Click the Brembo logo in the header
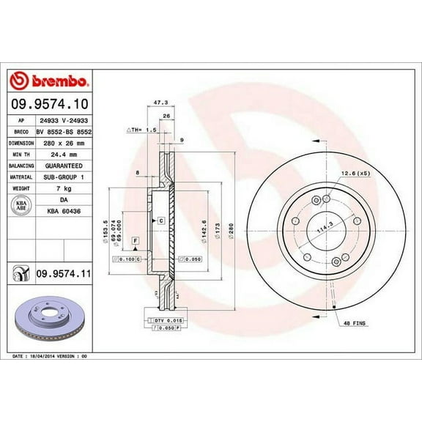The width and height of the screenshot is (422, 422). pyautogui.click(x=50, y=79)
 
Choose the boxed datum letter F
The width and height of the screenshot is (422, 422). pyautogui.click(x=136, y=240)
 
